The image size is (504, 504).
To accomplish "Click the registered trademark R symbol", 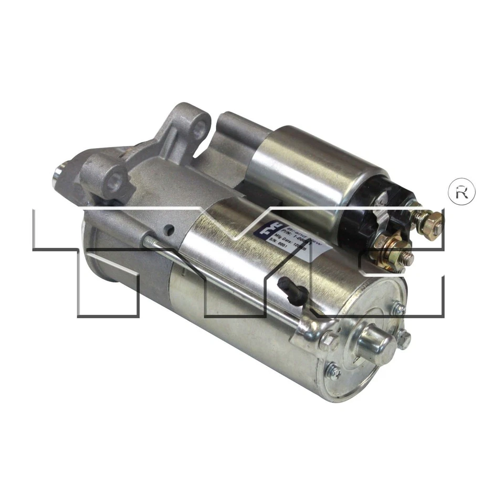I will click(461, 192).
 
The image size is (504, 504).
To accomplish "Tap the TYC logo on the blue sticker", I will click(262, 227).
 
